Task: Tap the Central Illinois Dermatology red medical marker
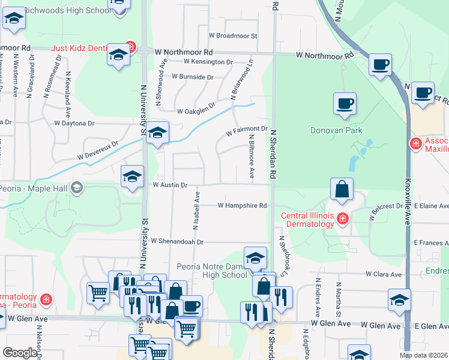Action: [x=342, y=218]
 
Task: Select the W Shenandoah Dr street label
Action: [x=178, y=242]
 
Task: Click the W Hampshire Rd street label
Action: [x=243, y=205]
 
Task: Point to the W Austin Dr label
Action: [x=170, y=185]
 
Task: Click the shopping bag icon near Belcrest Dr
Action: [x=341, y=189]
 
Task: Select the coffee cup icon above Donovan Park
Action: [x=345, y=103]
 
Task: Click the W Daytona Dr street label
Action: [x=74, y=123]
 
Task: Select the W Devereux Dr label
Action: [x=98, y=150]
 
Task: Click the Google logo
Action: [x=20, y=353]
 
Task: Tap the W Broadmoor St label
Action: [x=233, y=36]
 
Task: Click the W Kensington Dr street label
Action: [x=208, y=62]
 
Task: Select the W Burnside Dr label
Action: [x=193, y=77]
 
